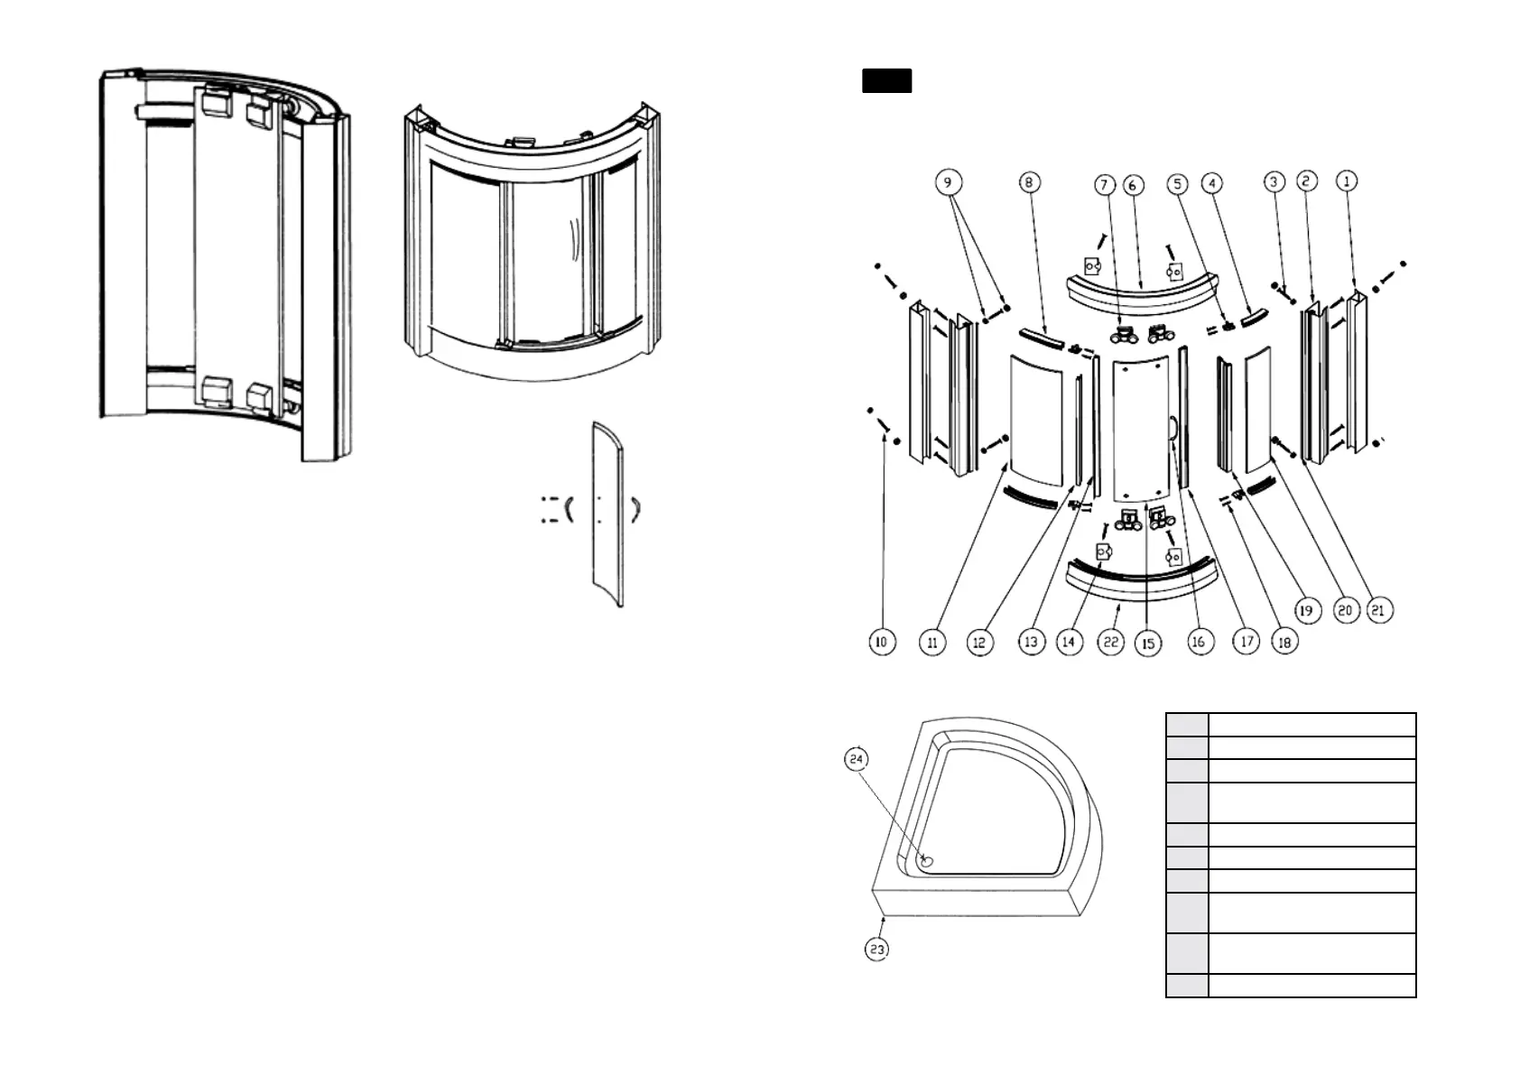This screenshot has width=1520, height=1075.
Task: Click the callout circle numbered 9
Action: (947, 182)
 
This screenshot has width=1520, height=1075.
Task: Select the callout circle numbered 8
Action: (1028, 182)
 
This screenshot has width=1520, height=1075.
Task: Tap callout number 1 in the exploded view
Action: (1346, 181)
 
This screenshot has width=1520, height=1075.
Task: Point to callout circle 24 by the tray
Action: (856, 759)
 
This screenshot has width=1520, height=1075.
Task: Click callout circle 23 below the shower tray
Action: (876, 949)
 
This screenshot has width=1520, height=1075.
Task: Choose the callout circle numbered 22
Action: (1110, 642)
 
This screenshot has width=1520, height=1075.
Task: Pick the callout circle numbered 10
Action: (881, 642)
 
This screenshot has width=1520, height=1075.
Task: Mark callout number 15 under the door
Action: (1148, 644)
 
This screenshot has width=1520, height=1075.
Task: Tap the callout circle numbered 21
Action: (1377, 610)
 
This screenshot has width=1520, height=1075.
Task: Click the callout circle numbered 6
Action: (1134, 185)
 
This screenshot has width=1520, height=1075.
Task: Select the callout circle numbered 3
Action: (1274, 182)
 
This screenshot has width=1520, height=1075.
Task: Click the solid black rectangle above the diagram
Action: (886, 80)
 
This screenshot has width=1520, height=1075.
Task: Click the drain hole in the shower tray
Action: (926, 861)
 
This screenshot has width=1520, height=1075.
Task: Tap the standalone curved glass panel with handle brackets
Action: (607, 514)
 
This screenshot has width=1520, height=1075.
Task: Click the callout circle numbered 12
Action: (979, 642)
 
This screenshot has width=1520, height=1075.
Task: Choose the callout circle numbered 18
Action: (1284, 642)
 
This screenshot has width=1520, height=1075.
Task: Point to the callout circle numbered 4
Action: (1212, 183)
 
